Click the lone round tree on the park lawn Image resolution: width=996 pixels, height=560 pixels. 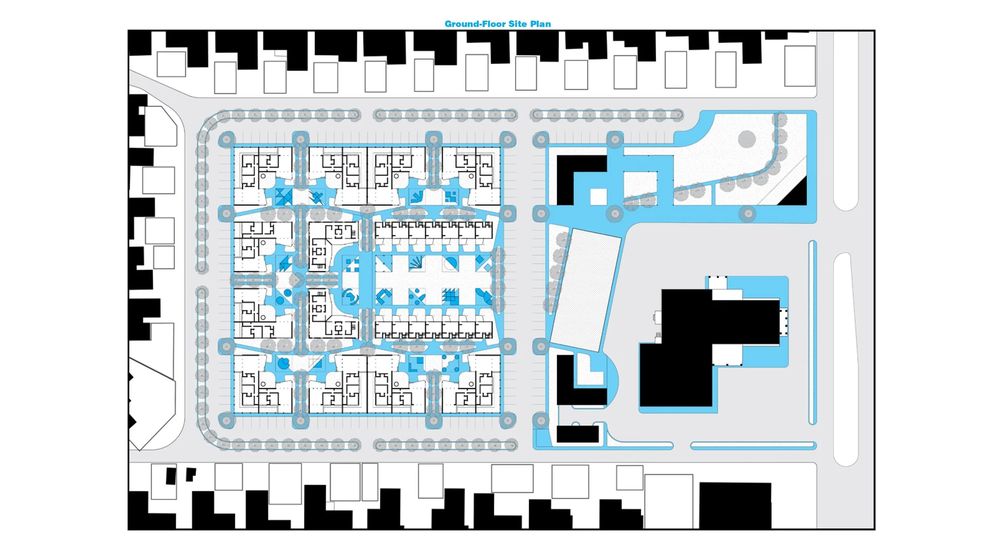[747, 139]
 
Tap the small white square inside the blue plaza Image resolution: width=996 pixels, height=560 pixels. [598, 197]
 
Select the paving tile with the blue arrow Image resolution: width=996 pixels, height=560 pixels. [417, 196]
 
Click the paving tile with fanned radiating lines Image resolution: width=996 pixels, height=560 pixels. [417, 263]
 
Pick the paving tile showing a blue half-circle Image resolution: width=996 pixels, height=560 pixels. [451, 263]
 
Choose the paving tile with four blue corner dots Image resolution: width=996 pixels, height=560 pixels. [451, 363]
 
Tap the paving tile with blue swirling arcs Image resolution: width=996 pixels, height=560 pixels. [350, 297]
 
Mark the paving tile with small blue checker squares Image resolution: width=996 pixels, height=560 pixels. [451, 196]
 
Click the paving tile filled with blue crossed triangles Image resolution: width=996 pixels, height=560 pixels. [284, 196]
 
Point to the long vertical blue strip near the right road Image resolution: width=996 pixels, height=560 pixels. [813, 333]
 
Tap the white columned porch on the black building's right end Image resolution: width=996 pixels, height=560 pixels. [784, 322]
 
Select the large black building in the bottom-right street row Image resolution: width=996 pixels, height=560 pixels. [735, 505]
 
